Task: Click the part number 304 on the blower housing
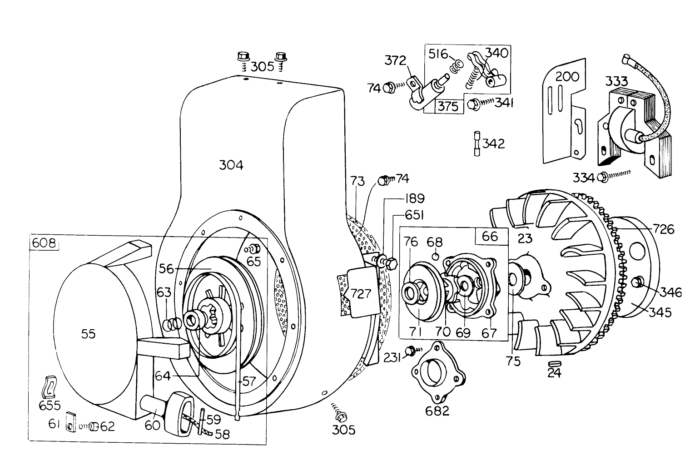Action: (231, 165)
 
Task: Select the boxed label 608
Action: (45, 243)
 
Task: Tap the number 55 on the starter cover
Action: (89, 334)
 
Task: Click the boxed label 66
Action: (490, 236)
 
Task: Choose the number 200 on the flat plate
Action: (567, 76)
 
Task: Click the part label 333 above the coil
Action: (616, 82)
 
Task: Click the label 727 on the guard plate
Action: (361, 293)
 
